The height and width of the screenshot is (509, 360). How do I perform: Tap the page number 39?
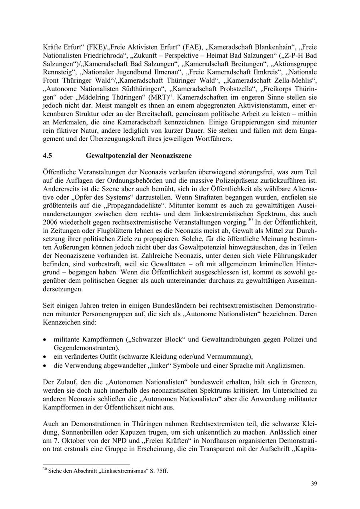coord(314,484)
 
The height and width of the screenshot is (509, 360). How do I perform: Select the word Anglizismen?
coord(287,365)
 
